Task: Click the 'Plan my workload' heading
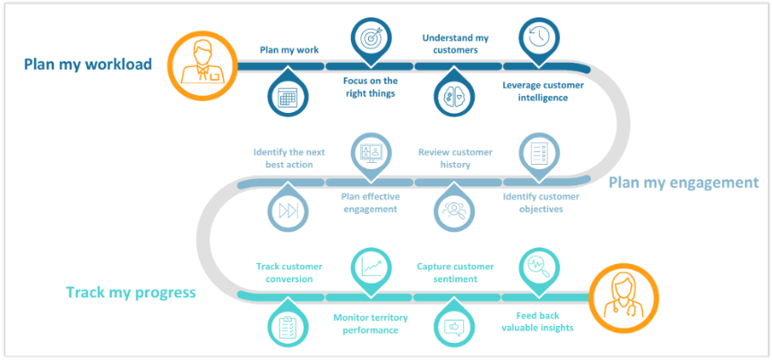pyautogui.click(x=88, y=64)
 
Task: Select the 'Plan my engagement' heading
pyautogui.click(x=683, y=183)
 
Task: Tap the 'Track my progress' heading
pyautogui.click(x=131, y=293)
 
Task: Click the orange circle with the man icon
pyautogui.click(x=200, y=64)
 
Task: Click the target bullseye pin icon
pyautogui.click(x=370, y=39)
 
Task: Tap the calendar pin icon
pyautogui.click(x=288, y=96)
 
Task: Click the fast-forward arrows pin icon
pyautogui.click(x=288, y=210)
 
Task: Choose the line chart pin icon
pyautogui.click(x=370, y=266)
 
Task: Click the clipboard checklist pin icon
pyautogui.click(x=288, y=326)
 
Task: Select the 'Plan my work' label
pyautogui.click(x=288, y=50)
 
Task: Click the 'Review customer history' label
pyautogui.click(x=455, y=159)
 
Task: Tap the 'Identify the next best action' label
pyautogui.click(x=288, y=159)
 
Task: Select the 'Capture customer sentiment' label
pyautogui.click(x=455, y=272)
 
